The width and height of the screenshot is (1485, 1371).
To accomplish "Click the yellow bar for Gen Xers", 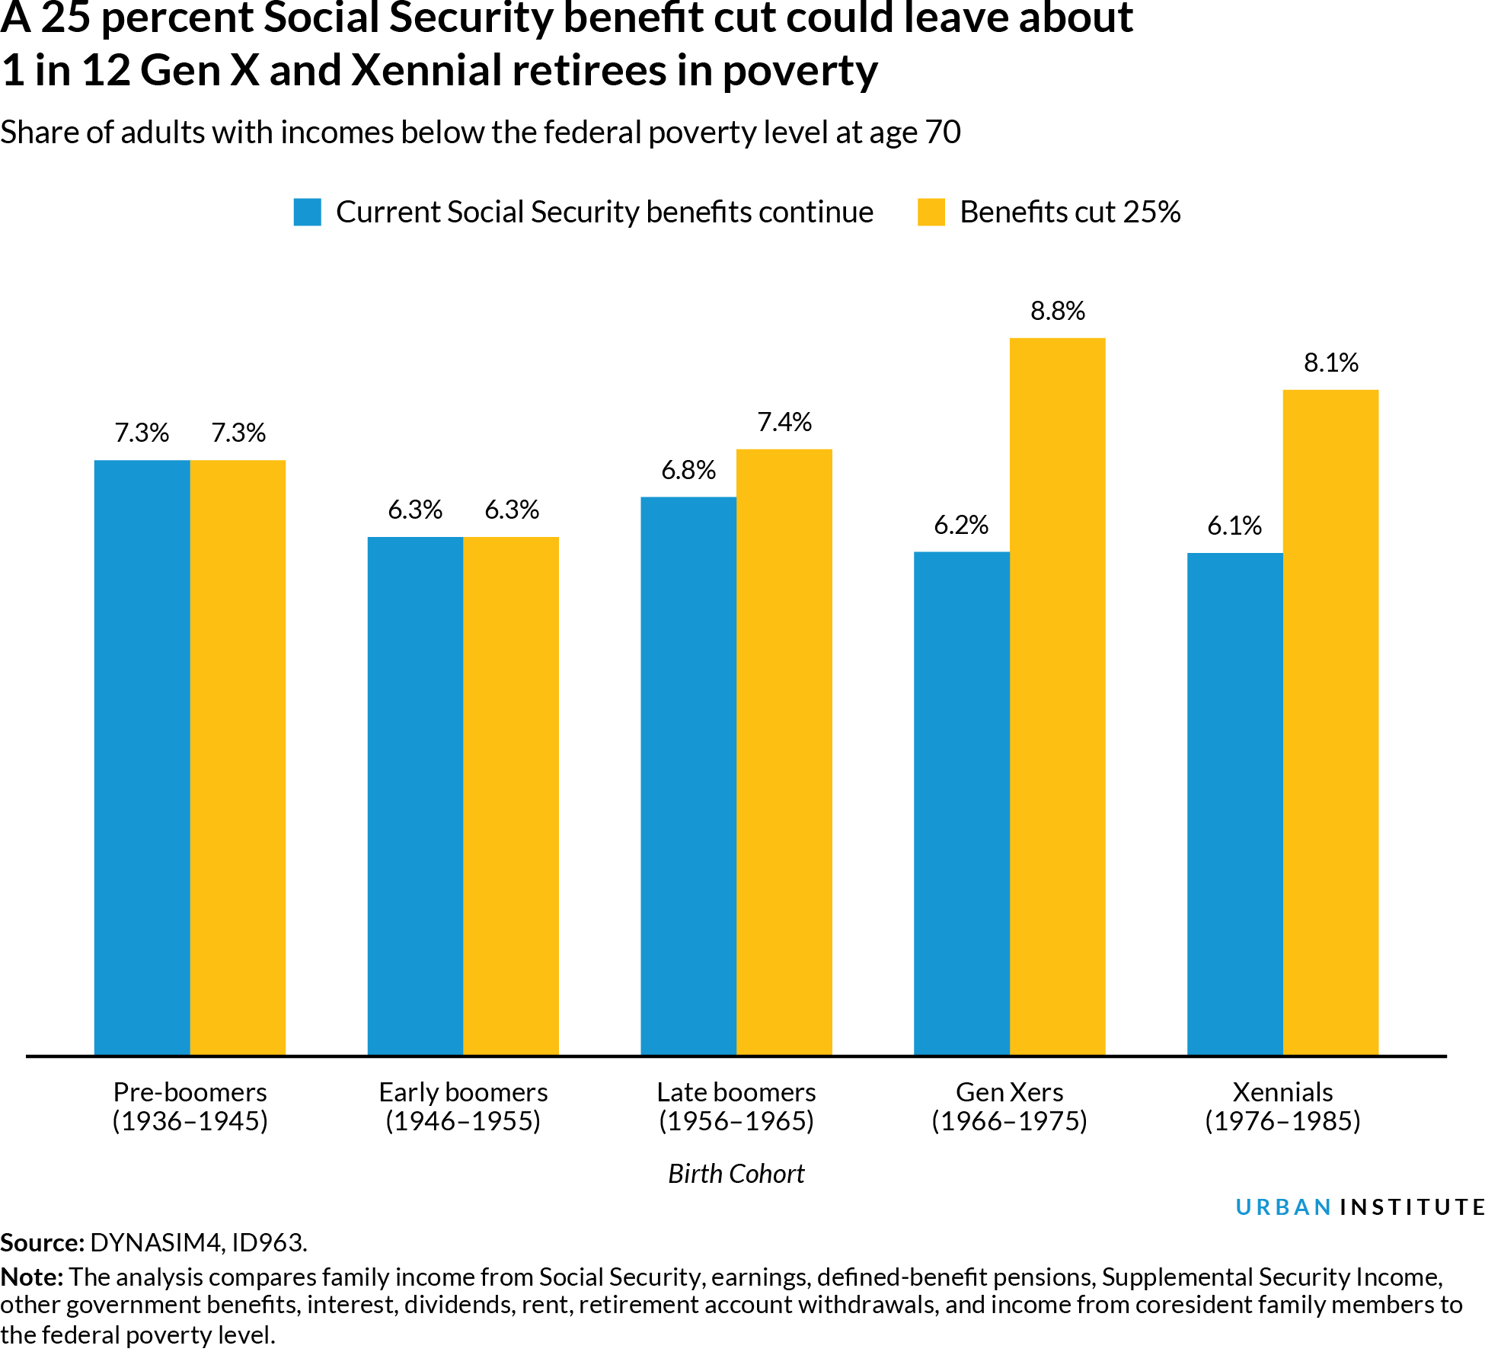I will [x=1057, y=697].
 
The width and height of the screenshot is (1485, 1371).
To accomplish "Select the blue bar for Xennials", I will [x=1234, y=804].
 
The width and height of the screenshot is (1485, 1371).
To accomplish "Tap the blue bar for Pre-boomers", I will [x=142, y=758].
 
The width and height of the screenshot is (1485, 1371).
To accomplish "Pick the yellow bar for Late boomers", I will [x=784, y=753].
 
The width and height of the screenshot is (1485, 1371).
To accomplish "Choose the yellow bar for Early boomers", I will [x=511, y=796].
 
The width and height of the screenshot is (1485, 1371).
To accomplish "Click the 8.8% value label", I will [x=1057, y=311].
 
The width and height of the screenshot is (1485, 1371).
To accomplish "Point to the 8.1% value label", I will [x=1330, y=363].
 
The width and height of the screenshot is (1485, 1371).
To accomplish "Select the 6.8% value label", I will [x=688, y=470].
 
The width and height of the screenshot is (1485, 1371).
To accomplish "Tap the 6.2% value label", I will [x=960, y=525].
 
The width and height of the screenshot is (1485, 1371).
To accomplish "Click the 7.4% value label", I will [x=784, y=422].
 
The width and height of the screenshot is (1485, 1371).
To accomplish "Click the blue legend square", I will [x=307, y=212].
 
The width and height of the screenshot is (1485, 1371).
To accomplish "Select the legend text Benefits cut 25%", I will [x=1069, y=212].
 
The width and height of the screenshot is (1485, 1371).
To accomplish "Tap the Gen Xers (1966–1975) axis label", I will [x=1009, y=1106].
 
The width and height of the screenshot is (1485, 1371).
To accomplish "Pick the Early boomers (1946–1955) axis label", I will [x=463, y=1106].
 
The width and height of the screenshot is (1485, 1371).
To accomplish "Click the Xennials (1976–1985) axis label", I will [x=1282, y=1106].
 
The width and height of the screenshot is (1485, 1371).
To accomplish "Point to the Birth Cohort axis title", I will [x=736, y=1174].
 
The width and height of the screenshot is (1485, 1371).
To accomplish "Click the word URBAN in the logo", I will [x=1283, y=1207].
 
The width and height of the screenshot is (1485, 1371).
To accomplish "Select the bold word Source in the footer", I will [x=40, y=1242].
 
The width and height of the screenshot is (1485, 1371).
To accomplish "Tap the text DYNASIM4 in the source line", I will [x=156, y=1242].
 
